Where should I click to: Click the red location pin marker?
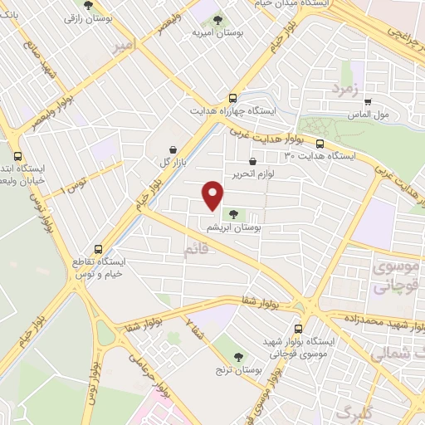pos(213,194)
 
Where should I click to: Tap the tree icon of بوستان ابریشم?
pos(232,214)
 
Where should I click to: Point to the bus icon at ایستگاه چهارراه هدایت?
pos(233,97)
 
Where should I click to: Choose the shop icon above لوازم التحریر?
pos(252,161)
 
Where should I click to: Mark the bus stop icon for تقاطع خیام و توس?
pos(99,248)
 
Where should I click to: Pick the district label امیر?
pos(120,48)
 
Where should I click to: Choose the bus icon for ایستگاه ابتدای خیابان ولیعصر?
pos(18,155)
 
